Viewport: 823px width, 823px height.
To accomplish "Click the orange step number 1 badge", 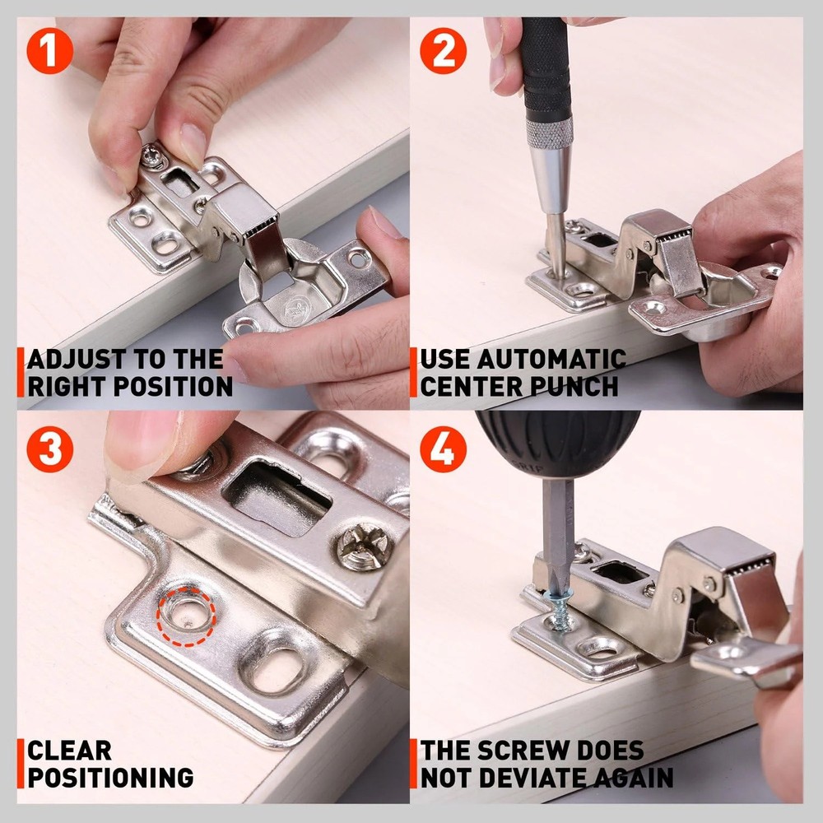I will click(50, 51).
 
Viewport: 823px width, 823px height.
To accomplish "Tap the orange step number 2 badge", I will click(444, 51).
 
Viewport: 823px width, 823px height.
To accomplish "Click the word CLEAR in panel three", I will click(69, 751).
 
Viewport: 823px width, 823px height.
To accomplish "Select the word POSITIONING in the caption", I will click(110, 777).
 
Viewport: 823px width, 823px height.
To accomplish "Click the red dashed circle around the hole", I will click(187, 615).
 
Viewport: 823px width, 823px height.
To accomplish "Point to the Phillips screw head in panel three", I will click(363, 546).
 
